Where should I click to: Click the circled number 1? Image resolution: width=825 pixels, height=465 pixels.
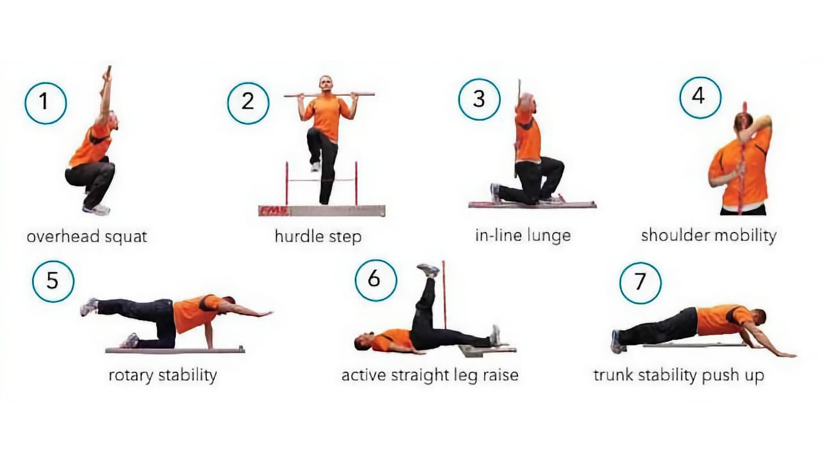(x=45, y=103)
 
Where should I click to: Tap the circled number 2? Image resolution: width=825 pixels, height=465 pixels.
(x=248, y=103)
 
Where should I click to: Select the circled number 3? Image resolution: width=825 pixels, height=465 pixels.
(x=479, y=100)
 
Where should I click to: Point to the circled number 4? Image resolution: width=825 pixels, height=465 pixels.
(x=700, y=98)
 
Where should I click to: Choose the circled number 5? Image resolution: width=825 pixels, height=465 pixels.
(x=53, y=282)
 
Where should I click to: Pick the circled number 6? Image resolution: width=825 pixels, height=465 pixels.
(x=375, y=280)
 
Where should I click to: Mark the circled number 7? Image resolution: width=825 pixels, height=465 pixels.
(x=640, y=282)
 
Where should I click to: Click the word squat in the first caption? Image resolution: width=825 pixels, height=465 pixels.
(x=126, y=236)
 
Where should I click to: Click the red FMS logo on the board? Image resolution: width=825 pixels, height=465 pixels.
(x=274, y=211)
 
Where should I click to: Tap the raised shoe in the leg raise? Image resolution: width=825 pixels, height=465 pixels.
(x=428, y=270)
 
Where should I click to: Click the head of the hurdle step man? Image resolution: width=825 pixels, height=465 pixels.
(x=326, y=84)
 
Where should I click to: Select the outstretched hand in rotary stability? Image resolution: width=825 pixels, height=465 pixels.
(x=263, y=314)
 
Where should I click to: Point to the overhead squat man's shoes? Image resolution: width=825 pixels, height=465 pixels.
(x=97, y=210)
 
